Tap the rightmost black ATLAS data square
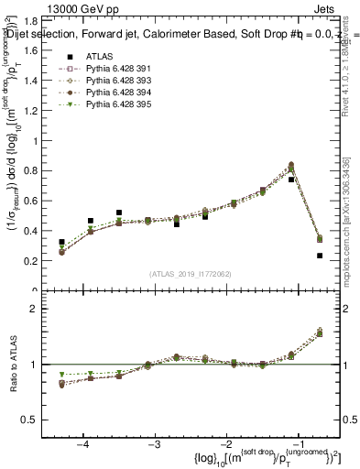coord(320,256)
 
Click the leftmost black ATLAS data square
coord(61,243)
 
